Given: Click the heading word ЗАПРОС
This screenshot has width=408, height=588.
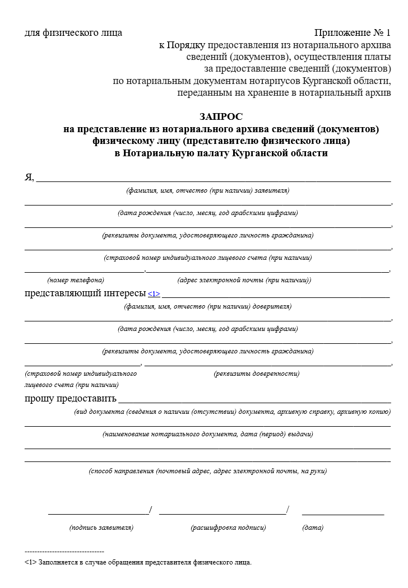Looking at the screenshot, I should (221, 116).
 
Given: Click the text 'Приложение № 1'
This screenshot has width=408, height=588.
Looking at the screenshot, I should (353, 32).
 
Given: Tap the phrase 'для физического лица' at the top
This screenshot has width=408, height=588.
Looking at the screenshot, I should (73, 32).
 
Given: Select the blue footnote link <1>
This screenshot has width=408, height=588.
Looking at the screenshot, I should (154, 293).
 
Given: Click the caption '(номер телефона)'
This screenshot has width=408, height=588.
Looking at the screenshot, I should (76, 280).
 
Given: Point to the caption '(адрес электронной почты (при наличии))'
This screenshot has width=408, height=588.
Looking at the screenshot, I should (244, 280).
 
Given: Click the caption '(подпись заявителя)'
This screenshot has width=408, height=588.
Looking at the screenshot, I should (101, 528).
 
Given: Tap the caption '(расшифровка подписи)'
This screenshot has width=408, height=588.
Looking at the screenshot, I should (228, 528).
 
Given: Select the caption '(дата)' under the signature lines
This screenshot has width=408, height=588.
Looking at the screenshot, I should (313, 528).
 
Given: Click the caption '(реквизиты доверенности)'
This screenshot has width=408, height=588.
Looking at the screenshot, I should (257, 374).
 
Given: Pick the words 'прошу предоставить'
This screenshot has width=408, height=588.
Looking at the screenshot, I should (71, 399).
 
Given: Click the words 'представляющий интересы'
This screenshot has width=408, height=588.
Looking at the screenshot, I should (85, 293).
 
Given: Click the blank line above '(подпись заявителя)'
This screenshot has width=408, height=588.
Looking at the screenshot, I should (99, 512).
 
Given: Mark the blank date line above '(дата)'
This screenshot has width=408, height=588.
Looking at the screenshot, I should (343, 512).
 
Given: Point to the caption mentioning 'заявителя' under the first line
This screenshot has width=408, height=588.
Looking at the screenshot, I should (208, 190).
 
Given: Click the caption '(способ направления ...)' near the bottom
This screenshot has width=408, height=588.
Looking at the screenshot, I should (208, 471).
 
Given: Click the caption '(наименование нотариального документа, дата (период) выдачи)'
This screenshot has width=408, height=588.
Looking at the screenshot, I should (208, 434).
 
